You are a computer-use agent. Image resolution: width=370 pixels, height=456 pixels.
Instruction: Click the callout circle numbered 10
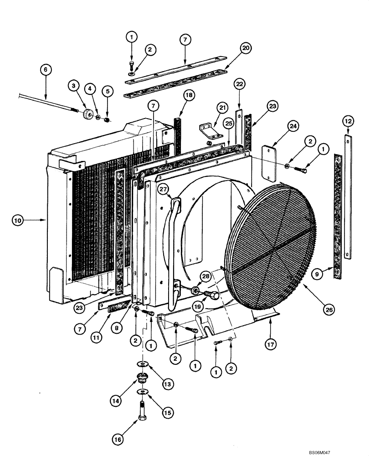point(17,221)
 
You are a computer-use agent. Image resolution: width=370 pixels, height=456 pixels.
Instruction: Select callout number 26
point(329,310)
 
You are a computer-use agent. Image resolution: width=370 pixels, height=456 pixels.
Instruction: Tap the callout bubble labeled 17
point(271,345)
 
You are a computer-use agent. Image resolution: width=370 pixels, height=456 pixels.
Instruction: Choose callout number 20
point(246,48)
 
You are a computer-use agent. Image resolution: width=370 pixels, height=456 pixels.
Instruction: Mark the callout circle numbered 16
point(117,440)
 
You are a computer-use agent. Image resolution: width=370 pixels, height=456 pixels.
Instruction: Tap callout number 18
point(189,95)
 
